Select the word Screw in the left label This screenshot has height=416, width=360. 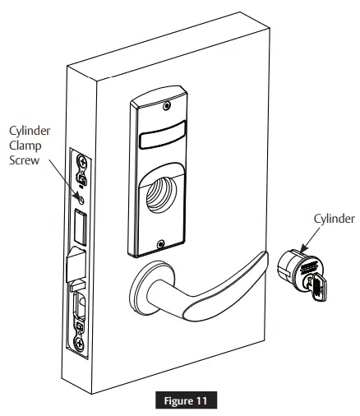tap(25, 161)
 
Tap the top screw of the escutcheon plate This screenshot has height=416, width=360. tap(166, 106)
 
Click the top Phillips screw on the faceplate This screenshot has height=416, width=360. tap(81, 164)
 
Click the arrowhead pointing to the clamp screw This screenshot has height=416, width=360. tap(75, 194)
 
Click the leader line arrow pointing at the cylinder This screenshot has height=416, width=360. tap(305, 240)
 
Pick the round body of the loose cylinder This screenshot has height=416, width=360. tap(293, 268)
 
